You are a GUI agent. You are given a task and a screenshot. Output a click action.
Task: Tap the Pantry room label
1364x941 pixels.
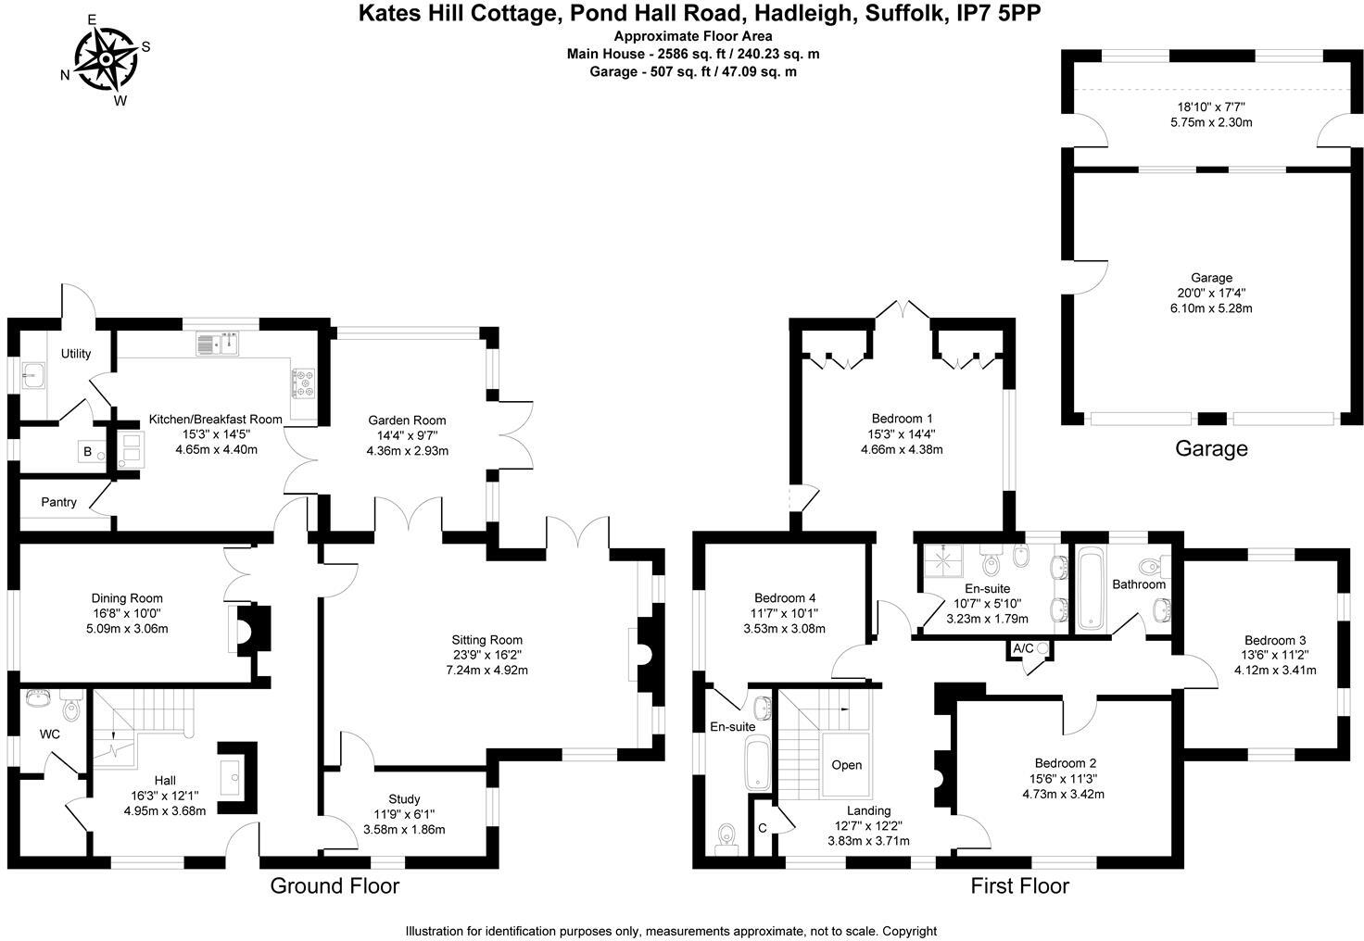tap(58, 502)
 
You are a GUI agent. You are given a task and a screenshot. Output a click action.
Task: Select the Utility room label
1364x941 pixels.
tap(76, 354)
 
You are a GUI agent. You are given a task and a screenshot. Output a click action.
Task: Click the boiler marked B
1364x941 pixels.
tap(88, 452)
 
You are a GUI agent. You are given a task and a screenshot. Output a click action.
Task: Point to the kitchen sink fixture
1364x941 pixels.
tap(219, 345)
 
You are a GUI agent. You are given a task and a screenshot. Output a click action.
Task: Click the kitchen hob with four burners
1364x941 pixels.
tap(304, 382)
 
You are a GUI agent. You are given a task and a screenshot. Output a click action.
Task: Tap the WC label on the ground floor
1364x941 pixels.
tap(50, 734)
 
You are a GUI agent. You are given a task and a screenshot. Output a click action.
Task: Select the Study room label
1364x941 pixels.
tap(404, 798)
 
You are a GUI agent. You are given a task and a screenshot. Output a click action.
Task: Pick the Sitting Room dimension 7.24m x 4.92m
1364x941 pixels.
tap(486, 670)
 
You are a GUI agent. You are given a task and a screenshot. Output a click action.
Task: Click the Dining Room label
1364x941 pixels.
tap(127, 598)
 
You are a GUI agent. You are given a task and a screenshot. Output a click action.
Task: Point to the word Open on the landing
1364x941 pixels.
tap(846, 765)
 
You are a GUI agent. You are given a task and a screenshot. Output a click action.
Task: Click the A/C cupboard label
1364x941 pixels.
tap(1024, 647)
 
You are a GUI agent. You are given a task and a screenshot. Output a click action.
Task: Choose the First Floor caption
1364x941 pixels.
tap(1019, 886)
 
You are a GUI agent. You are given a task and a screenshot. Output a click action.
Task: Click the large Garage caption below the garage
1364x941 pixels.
tap(1211, 449)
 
